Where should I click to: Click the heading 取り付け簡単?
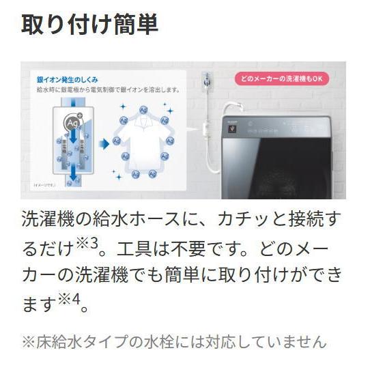89,25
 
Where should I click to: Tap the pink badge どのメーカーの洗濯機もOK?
283,79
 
